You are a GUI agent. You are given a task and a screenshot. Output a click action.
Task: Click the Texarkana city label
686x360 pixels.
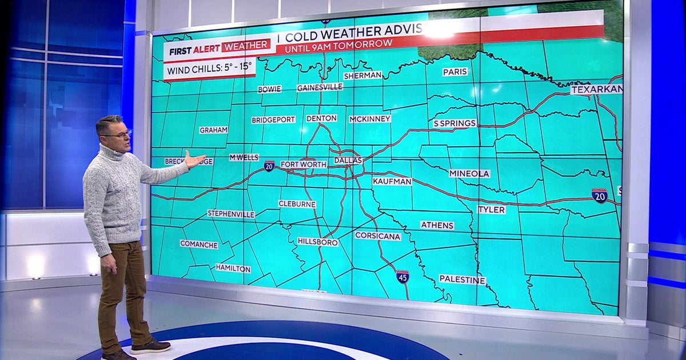(x=596, y=89)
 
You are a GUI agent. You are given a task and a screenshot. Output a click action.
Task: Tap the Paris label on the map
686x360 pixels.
(x=454, y=71)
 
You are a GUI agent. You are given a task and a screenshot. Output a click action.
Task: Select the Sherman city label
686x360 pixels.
(x=362, y=75)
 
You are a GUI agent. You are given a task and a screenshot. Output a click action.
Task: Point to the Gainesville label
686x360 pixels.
(x=320, y=87)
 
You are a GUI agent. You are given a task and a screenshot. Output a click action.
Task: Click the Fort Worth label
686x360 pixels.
(x=304, y=165)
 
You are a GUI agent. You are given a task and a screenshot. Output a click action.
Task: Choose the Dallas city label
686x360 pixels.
(x=348, y=161)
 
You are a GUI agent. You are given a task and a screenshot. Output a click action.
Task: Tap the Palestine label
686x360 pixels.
(x=462, y=279)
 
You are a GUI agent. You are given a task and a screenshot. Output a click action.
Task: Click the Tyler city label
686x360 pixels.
(x=491, y=210)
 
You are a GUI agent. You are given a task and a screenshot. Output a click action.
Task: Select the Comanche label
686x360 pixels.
(x=199, y=244)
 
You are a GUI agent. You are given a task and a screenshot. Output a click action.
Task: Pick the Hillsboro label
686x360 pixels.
(x=318, y=242)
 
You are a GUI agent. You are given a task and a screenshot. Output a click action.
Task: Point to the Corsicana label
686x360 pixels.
(x=378, y=235)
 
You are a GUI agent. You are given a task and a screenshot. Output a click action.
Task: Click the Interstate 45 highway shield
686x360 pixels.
(x=402, y=277)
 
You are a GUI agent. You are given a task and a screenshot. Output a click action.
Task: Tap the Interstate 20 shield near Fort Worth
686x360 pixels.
(x=269, y=166)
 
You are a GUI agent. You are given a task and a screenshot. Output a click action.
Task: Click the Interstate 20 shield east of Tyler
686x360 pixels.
(x=599, y=195)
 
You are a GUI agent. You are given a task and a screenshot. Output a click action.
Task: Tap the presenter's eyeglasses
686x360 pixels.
(x=118, y=134)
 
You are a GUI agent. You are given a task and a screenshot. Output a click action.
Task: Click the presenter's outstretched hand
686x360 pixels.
(x=194, y=160)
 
